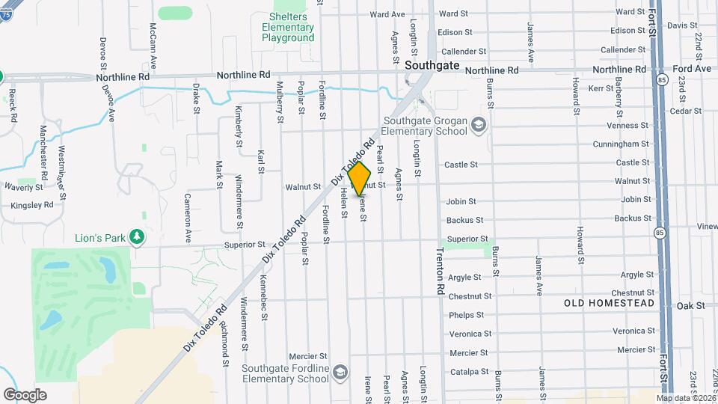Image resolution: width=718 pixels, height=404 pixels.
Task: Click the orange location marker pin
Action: click(360, 178)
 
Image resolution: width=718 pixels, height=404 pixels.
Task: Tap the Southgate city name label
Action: click(432, 65)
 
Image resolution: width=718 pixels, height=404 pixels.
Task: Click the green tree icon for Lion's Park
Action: click(136, 237)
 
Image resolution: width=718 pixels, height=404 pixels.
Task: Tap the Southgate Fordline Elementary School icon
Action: click(340, 372)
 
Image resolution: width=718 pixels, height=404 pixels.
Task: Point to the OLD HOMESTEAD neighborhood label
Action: click(609, 303)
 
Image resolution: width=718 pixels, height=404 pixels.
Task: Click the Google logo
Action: click(25, 394)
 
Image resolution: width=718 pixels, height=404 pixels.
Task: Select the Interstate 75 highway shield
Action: click(1, 76)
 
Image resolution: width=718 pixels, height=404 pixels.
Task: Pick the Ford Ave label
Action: click(692, 68)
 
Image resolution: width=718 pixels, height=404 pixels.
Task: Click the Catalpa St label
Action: click(470, 372)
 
